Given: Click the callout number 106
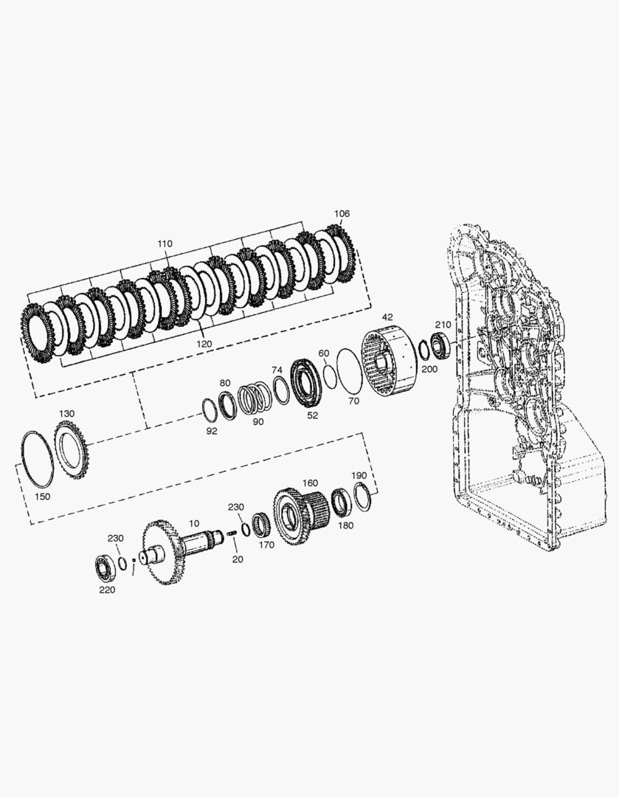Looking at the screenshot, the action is point(342,213).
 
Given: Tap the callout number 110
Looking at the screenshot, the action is point(165,244).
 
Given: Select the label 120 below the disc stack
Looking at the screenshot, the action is point(204,344).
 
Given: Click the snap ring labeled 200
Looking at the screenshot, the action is point(423,351).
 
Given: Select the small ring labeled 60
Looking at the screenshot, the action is point(329,376).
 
